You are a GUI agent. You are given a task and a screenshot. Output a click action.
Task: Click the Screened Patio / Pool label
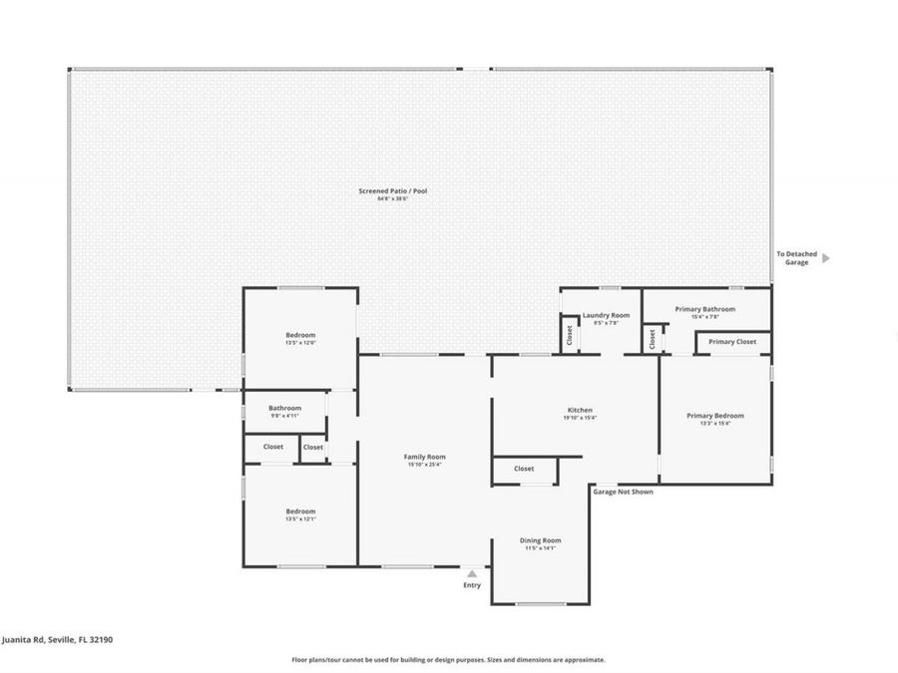[x=393, y=190]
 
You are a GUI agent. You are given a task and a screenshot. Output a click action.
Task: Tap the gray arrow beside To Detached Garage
[x=825, y=258]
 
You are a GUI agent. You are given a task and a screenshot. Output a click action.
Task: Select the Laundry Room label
[x=606, y=315]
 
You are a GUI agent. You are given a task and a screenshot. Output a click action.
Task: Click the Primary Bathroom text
[x=704, y=309]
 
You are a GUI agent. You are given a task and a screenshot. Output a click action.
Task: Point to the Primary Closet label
[x=732, y=342]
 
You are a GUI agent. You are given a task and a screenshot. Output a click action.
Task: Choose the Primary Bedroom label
[x=714, y=416]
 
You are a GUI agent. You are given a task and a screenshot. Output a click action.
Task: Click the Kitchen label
[x=580, y=410]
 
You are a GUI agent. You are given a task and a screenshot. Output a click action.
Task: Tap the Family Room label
[x=424, y=456]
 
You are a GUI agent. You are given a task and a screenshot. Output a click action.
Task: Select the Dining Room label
[x=540, y=540]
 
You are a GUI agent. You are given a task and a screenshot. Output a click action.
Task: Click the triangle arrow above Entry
[x=472, y=573]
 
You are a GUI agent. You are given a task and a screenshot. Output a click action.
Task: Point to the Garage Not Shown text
[x=623, y=492]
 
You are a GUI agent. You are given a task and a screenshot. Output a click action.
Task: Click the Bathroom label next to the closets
[x=284, y=407]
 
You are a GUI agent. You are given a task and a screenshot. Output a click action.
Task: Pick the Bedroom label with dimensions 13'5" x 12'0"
[x=300, y=335]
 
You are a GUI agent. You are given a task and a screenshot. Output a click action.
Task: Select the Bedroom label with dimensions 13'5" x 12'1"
[x=300, y=511]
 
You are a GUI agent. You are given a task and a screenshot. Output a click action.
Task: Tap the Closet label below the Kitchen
[x=524, y=469]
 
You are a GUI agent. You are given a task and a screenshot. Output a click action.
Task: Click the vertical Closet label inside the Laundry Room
[x=569, y=335]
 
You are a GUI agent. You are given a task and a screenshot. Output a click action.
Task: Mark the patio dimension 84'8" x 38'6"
[x=393, y=199]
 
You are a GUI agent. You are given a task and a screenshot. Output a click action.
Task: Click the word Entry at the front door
[x=472, y=585]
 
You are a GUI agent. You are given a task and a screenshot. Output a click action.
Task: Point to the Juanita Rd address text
[x=57, y=640]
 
